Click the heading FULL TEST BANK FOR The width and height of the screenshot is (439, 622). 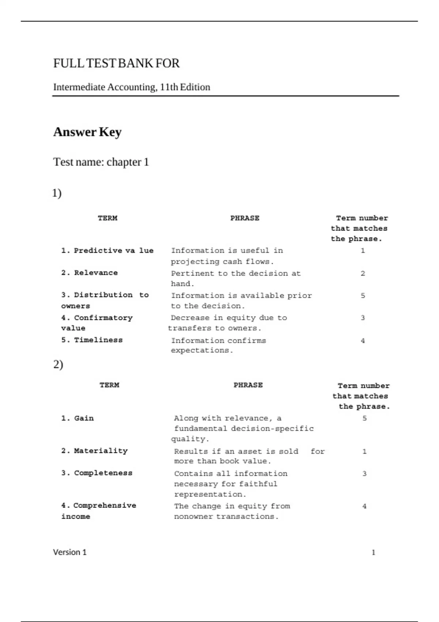[x=116, y=63]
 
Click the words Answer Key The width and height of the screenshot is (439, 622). [x=87, y=132]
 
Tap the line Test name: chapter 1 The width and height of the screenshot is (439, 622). [x=101, y=162]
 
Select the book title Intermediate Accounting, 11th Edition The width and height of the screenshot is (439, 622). [x=132, y=87]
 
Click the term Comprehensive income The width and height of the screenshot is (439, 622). [x=98, y=511]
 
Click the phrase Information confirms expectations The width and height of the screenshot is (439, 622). [x=218, y=345]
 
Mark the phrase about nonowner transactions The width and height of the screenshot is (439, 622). [x=232, y=511]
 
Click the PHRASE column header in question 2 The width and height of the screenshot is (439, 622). [x=248, y=385]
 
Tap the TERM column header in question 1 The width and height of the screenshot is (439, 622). [x=108, y=218]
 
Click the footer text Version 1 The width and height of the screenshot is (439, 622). [x=70, y=552]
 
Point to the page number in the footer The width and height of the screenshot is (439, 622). [x=373, y=552]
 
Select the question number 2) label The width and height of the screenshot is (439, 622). [x=58, y=364]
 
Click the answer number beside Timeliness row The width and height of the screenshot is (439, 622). [x=363, y=341]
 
